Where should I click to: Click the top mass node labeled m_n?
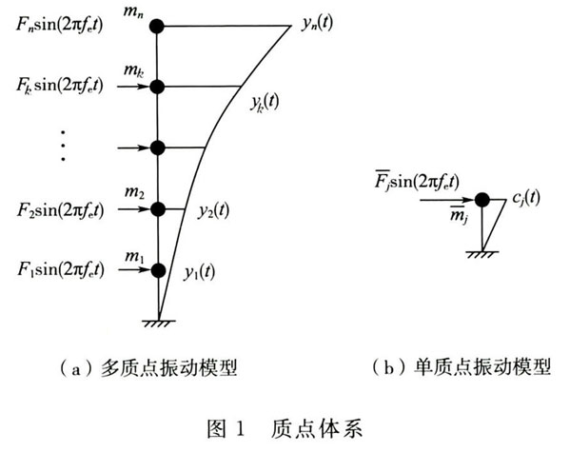tap(157, 27)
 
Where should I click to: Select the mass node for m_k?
tap(157, 87)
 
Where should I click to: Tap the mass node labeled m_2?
tap(158, 209)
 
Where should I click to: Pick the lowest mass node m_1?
tap(159, 270)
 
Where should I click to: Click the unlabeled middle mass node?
tap(158, 147)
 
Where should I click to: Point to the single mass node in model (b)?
tap(482, 200)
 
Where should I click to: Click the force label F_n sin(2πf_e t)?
tap(59, 25)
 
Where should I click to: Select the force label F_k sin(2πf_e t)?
tap(60, 86)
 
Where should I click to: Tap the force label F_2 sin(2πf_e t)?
tap(60, 210)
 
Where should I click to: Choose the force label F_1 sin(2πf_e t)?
tap(61, 270)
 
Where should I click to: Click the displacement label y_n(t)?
tap(317, 23)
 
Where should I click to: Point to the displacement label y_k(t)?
tap(265, 102)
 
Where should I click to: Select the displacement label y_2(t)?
tap(213, 211)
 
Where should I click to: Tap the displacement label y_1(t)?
tap(199, 272)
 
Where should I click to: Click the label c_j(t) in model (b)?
tap(525, 199)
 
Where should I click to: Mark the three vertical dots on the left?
tap(63, 146)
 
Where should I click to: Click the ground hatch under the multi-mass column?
tap(159, 324)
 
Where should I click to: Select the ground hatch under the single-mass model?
tap(482, 254)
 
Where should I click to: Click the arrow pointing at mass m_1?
tap(134, 270)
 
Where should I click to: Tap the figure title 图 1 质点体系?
tap(285, 429)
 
